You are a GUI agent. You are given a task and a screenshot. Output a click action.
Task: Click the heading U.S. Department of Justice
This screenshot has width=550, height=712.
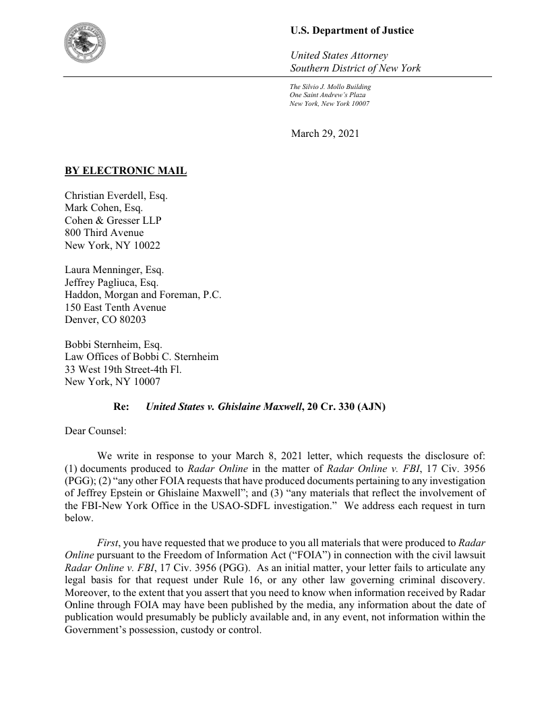(352, 30)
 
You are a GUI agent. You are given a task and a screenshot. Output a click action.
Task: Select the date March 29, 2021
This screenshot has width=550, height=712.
(325, 133)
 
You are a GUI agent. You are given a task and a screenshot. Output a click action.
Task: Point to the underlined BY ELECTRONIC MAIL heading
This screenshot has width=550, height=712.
(125, 171)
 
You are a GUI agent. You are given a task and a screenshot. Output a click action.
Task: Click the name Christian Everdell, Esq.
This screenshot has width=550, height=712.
(116, 196)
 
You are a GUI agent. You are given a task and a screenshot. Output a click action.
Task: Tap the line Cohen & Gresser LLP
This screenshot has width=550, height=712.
(113, 220)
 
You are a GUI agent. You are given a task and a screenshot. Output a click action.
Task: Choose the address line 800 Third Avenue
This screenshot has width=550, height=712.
(104, 233)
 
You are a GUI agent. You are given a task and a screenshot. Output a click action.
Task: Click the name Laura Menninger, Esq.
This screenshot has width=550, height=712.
(115, 270)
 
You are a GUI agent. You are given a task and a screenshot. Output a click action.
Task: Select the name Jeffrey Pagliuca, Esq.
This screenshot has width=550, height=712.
(111, 283)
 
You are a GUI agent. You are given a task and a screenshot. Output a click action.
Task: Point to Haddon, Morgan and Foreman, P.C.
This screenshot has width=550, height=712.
(143, 295)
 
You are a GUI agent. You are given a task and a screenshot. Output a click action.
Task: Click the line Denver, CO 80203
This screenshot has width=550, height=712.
(105, 320)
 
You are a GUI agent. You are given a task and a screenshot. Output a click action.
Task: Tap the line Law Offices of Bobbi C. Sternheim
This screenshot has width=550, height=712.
(142, 357)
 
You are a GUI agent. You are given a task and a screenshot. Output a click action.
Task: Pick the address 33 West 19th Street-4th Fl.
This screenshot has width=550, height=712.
(123, 369)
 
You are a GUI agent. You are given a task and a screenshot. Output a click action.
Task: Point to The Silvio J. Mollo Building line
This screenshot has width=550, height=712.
(330, 87)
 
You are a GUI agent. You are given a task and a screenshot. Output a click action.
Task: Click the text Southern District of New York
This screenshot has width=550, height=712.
(355, 68)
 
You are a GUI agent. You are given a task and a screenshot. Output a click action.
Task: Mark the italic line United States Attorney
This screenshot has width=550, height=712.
(338, 55)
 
